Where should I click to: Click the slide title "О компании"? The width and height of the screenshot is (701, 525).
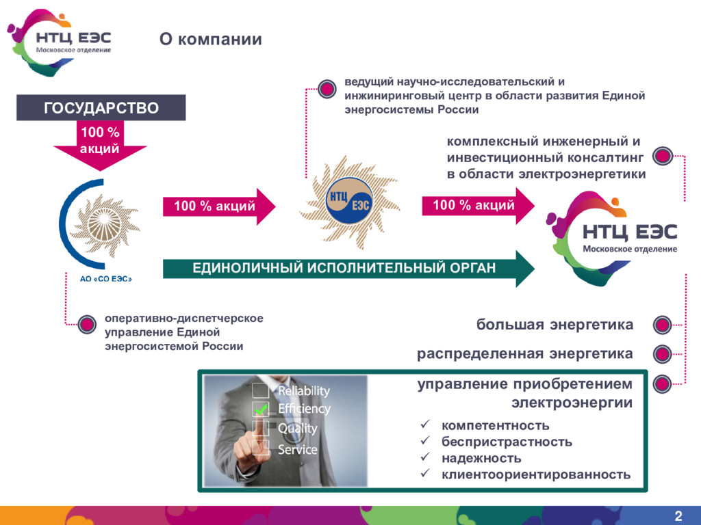click(211, 40)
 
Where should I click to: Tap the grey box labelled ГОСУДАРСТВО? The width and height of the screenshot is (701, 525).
click(101, 108)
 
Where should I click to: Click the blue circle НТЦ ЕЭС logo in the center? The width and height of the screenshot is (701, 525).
click(349, 200)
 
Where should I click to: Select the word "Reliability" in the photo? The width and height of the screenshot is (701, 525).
click(303, 391)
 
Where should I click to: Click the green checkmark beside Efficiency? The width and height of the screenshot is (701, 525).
click(261, 409)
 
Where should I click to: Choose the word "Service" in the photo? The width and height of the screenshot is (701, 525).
click(297, 450)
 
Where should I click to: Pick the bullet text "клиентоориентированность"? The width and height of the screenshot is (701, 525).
click(536, 474)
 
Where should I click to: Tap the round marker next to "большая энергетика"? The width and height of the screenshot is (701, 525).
click(661, 325)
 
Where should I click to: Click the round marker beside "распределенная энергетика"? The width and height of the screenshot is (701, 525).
click(661, 354)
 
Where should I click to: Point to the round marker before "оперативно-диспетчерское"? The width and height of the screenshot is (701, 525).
click(87, 325)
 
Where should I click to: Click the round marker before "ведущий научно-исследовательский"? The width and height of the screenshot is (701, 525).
click(327, 87)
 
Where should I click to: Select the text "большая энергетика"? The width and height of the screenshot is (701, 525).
click(555, 325)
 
